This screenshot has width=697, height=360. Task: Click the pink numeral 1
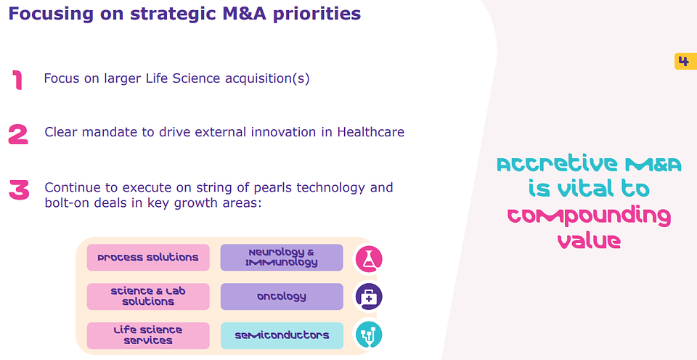click(17, 80)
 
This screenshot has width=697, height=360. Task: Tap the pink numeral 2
click(18, 134)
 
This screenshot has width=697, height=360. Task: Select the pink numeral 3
click(19, 190)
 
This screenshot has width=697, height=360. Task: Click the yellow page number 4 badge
click(685, 62)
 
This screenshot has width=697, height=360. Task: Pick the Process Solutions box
click(148, 258)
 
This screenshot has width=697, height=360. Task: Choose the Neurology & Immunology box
click(282, 258)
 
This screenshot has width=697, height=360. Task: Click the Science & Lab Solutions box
click(148, 296)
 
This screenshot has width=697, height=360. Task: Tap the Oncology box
click(282, 296)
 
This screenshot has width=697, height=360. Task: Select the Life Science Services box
click(148, 335)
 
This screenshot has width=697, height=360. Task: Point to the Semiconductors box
click(282, 335)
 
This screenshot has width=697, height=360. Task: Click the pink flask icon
click(369, 259)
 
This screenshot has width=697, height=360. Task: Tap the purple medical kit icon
click(369, 297)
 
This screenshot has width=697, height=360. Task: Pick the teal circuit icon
click(369, 335)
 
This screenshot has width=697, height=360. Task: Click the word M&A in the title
click(244, 13)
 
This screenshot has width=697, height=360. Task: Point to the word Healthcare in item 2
click(371, 132)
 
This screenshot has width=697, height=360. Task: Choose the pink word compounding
click(589, 216)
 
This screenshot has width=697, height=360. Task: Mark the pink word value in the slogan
click(589, 240)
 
